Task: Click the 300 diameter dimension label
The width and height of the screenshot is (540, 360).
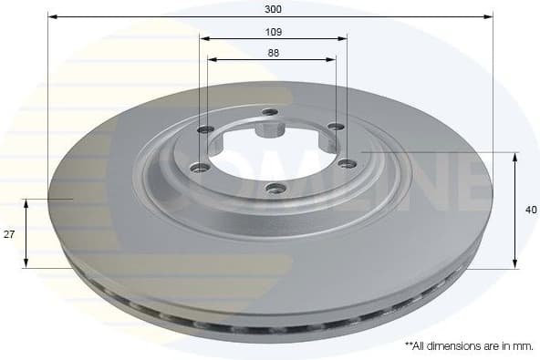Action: coord(273,8)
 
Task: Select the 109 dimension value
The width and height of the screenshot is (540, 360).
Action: coord(273,32)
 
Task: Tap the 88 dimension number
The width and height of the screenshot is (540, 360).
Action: coord(273,53)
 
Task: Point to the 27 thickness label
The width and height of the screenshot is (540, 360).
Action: coord(9,234)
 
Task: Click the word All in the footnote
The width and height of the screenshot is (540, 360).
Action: coord(421,347)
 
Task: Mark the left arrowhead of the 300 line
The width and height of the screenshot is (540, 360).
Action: coord(52,16)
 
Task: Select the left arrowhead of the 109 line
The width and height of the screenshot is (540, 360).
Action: coord(204,38)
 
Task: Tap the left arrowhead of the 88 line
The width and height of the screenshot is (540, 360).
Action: coord(212,59)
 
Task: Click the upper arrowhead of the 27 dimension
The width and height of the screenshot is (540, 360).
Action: coord(26,202)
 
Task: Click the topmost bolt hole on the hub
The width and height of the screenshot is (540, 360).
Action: coord(269,112)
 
